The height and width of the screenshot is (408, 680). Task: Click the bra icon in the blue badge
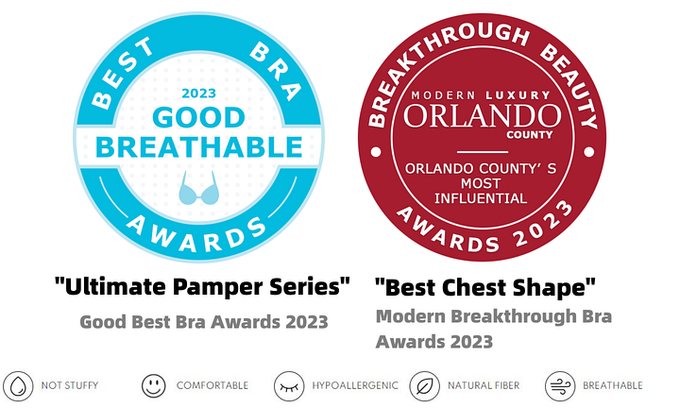pos(198,188)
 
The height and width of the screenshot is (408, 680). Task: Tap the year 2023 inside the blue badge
pos(198,93)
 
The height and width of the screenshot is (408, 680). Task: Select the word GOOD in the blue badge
pos(198,117)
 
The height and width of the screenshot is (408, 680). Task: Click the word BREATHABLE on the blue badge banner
pos(198,147)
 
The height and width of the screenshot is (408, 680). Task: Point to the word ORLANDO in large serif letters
pos(483,116)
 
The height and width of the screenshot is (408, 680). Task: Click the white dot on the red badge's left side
pos(376,152)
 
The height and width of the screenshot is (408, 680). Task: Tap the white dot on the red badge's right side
pos(589,152)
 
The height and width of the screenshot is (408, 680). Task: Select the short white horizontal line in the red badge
pos(483,152)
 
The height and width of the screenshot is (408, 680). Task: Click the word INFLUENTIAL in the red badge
pos(481,198)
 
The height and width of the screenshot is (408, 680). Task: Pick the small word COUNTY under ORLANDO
pos(530,135)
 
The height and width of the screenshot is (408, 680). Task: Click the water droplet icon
pos(18,386)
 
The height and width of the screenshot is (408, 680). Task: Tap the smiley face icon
pos(154,385)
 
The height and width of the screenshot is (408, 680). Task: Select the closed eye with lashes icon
pos(289,386)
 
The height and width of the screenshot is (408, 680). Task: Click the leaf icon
pos(425,386)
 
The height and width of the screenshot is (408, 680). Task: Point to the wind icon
pos(560,386)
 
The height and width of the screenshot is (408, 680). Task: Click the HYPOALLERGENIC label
pos(355,385)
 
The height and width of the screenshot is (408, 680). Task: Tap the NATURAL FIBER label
pos(484,385)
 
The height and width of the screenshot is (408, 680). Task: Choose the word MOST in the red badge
pos(481,184)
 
